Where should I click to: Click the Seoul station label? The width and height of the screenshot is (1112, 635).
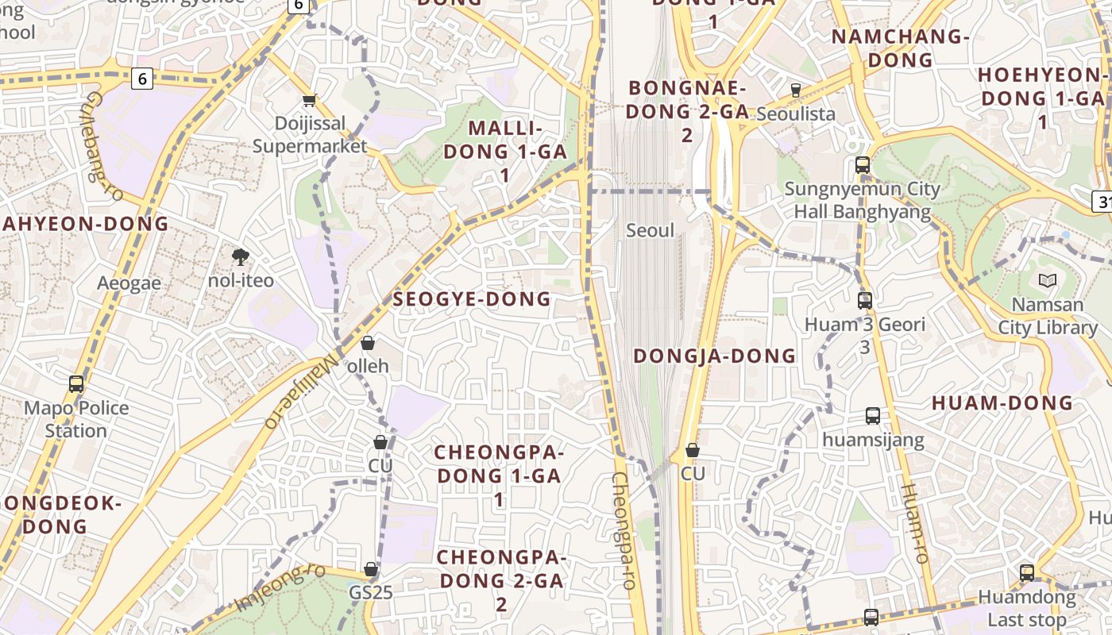650,231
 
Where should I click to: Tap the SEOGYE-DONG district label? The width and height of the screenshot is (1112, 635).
472,299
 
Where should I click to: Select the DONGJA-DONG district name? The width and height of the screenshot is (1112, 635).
714,356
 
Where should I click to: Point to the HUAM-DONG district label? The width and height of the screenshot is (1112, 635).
1002,402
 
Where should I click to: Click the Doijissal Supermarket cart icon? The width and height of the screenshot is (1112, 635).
309,100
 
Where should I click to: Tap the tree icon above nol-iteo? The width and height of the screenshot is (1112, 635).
240,256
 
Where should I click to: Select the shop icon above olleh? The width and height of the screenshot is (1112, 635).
368,343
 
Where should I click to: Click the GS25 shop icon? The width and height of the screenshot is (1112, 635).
371,569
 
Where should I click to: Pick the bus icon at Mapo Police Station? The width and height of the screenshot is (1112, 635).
76,384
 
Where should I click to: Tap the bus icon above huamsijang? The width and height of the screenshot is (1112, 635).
873,415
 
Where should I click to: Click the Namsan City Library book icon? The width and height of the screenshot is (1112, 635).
1047,280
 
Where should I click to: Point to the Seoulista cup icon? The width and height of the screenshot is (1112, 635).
795,90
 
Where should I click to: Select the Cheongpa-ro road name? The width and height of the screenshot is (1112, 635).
624,530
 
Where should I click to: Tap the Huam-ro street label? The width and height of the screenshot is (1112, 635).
915,524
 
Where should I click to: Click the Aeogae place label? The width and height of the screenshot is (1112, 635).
129,283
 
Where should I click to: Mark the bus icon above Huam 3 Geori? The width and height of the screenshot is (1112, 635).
865,301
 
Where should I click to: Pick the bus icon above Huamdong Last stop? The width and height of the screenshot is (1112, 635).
1027,572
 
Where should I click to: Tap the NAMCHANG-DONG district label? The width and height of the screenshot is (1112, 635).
901,48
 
